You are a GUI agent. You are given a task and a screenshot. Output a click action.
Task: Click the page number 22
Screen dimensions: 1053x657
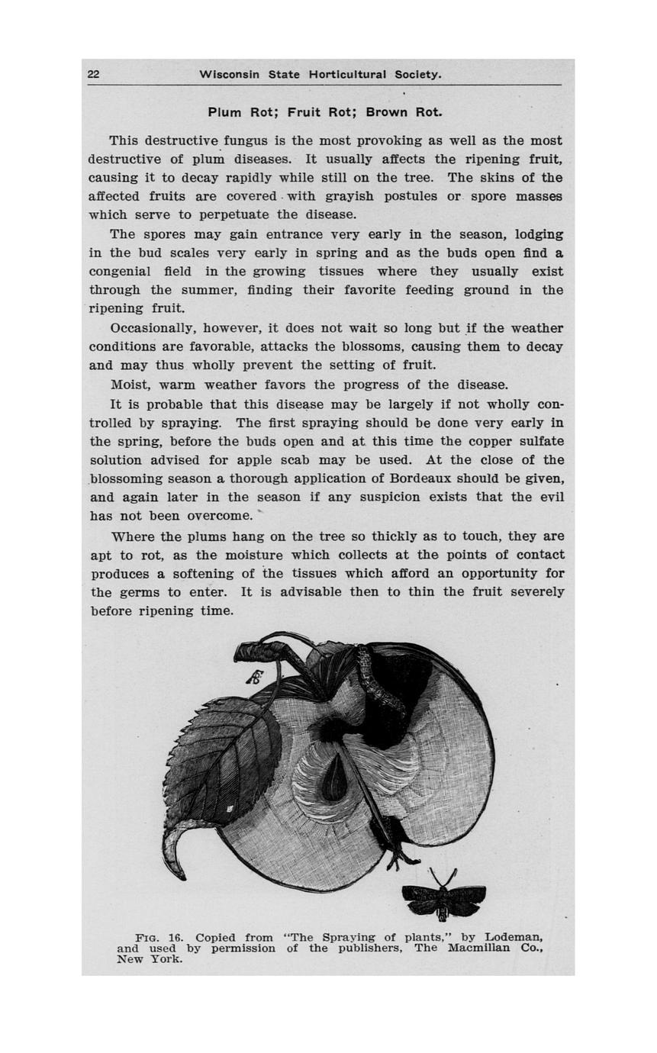pos(93,74)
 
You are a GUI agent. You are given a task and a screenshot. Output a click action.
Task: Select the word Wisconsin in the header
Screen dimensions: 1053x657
pos(229,74)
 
